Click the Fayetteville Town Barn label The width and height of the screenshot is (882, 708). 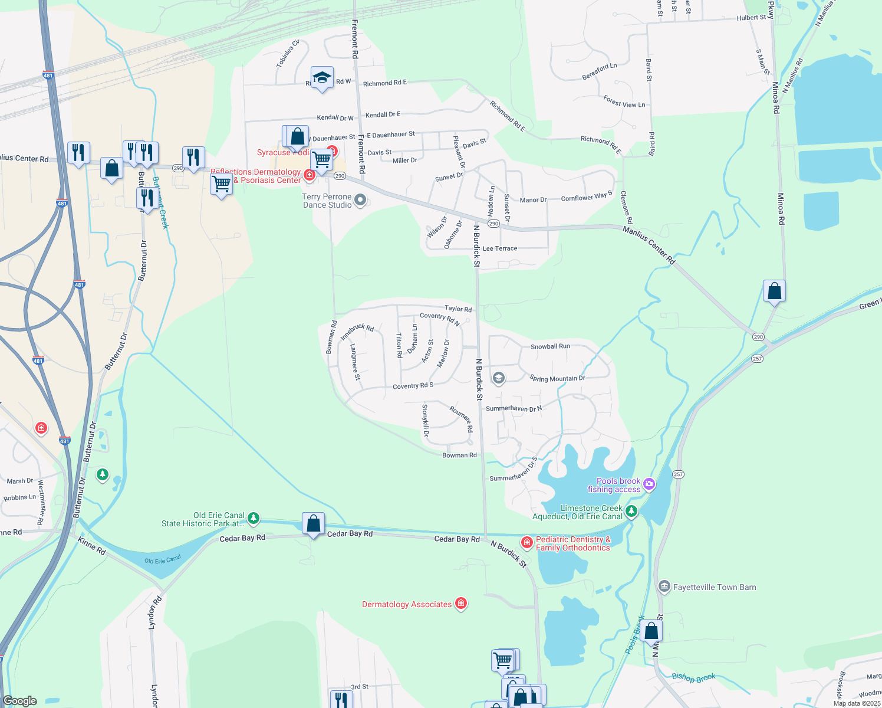pos(714,587)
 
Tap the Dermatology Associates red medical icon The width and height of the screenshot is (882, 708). pos(461,604)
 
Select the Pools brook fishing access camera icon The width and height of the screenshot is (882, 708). pos(649,484)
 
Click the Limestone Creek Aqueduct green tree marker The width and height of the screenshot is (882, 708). pos(631,511)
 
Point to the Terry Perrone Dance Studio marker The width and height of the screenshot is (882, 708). pos(360,201)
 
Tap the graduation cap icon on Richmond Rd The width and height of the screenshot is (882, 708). pos(322,77)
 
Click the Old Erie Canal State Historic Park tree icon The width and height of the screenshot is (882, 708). pos(253,518)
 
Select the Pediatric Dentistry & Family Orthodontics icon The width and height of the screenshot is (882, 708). pos(526,542)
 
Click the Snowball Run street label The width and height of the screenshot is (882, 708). pos(550,346)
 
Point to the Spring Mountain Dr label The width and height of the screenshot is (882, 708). pos(557,378)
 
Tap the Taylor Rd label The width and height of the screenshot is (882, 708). pos(458,309)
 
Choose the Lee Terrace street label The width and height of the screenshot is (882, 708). pos(499,248)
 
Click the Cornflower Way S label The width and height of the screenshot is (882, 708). pos(587,198)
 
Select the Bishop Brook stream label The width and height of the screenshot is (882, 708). pos(693,677)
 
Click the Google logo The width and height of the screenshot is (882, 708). pos(20,701)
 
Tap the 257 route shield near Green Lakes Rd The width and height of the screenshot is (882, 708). pos(758,359)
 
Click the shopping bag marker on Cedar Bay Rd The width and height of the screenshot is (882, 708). pos(314,523)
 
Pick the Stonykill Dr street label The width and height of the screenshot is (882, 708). pos(425,421)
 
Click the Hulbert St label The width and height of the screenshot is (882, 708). pos(751,18)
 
